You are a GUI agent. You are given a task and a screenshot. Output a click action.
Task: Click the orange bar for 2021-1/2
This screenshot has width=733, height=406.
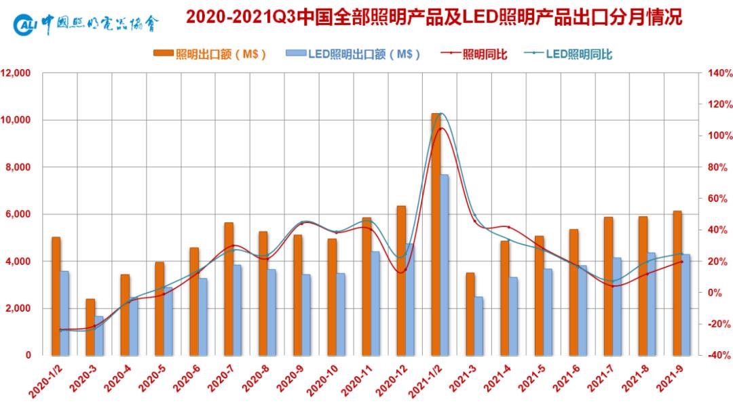point(436,234)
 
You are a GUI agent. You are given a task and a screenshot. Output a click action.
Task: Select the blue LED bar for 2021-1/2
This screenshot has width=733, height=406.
point(444,264)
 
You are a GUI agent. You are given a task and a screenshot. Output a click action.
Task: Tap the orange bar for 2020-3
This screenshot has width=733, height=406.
point(90,327)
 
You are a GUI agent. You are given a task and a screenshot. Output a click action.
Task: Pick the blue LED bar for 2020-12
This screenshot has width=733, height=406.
point(409,299)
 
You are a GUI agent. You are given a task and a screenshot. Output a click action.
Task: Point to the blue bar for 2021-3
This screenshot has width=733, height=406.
point(478,325)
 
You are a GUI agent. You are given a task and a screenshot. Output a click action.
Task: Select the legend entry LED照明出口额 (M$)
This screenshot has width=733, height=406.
point(353,54)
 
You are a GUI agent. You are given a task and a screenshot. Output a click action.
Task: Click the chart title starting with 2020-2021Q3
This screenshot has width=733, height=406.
point(434,18)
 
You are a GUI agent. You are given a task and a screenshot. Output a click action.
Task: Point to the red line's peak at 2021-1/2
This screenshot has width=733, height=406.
point(440,128)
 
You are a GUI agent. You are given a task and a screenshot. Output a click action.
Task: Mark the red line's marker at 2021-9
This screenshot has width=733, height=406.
point(681,262)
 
